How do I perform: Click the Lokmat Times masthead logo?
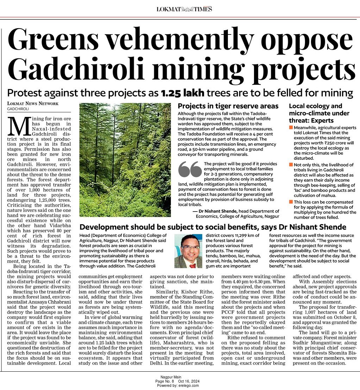point(184,9)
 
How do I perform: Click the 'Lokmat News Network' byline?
point(33,103)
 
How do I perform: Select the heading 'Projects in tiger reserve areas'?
point(228,106)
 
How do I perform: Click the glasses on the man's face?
point(191,247)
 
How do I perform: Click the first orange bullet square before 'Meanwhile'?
point(291,127)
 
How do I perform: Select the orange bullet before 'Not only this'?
point(291,164)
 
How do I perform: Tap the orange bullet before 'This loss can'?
point(291,202)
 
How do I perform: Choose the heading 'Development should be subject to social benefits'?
point(213,227)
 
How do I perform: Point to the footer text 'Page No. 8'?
point(164,381)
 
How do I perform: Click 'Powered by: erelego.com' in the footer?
point(178,385)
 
